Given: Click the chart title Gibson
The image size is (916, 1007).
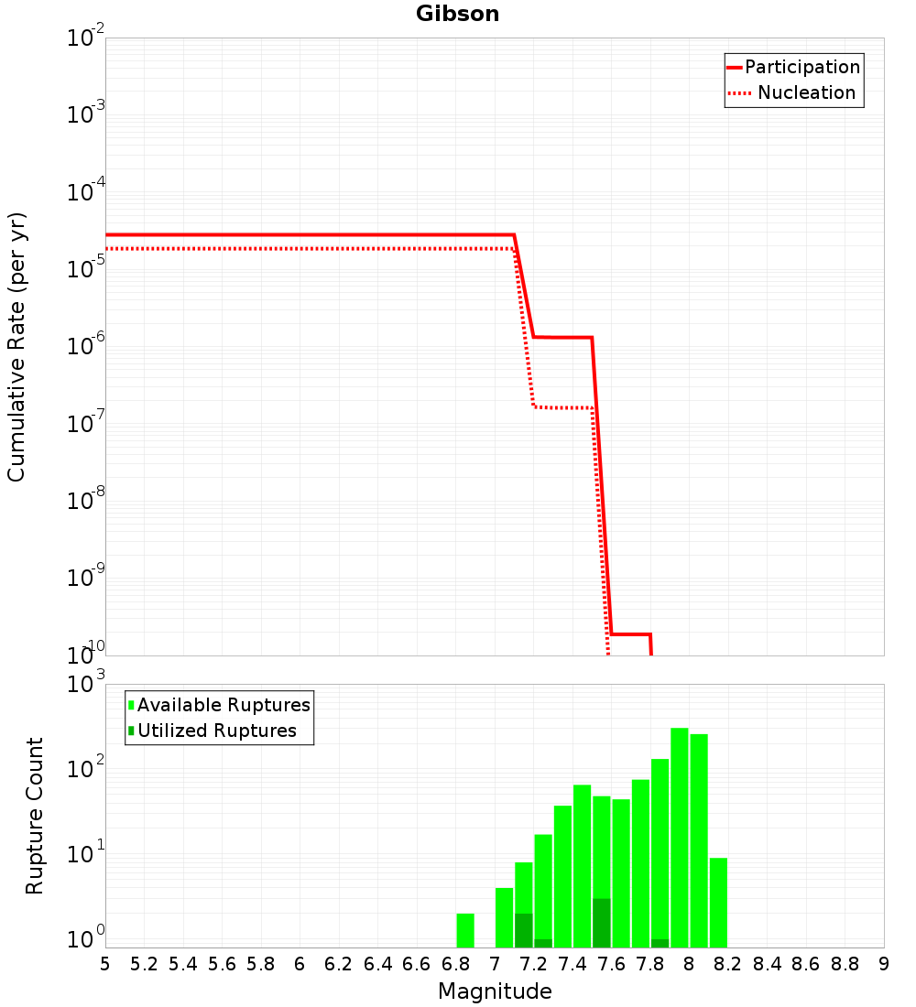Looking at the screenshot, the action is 457,14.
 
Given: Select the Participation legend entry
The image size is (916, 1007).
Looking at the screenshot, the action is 793,67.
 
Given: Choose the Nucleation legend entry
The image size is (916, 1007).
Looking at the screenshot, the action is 792,92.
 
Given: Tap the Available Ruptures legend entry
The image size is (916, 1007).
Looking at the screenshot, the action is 219,705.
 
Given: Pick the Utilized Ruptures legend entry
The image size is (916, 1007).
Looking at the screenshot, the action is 213,731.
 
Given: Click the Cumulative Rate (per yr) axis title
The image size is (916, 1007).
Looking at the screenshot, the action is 16,347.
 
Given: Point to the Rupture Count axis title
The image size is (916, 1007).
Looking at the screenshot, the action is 34,817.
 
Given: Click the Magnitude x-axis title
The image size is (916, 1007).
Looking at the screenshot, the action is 495,991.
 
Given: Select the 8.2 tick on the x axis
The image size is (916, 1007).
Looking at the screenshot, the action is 727,965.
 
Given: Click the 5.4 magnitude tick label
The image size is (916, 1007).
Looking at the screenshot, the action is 182,965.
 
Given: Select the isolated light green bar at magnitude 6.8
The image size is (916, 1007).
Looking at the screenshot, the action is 465,931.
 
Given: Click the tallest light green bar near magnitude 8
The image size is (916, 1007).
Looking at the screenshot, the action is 680,838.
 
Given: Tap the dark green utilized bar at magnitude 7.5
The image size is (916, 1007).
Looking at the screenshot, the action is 602,923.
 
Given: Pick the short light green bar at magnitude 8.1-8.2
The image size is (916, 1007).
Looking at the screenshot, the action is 719,903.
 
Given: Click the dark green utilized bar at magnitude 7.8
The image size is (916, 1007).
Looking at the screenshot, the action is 660,944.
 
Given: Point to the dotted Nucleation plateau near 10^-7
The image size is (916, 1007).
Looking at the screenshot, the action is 563,407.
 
